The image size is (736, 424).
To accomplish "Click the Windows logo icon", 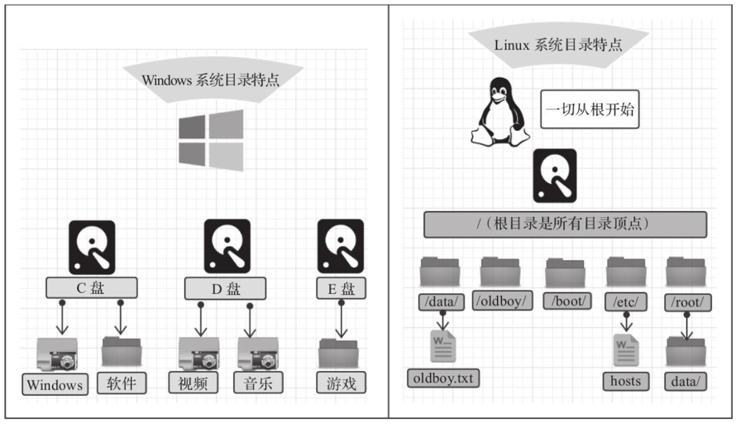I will (x=211, y=140).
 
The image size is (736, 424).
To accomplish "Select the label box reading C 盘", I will (x=91, y=288).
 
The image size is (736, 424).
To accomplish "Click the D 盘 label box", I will (x=225, y=288).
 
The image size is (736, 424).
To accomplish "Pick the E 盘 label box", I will (x=340, y=288).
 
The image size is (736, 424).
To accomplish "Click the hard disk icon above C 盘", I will (x=91, y=247).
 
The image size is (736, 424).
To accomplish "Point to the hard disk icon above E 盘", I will (x=340, y=247).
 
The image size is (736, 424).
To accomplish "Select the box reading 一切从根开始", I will (x=590, y=109).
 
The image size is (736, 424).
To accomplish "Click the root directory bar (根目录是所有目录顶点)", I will (x=565, y=224).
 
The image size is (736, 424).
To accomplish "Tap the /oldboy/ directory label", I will (x=502, y=301).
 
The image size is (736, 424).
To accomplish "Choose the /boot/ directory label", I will (x=566, y=301).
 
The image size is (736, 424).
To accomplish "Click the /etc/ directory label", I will (x=626, y=301).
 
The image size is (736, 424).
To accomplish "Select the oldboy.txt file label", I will (x=444, y=378).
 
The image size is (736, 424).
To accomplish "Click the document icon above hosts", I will (x=626, y=347).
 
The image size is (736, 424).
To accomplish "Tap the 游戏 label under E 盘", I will (x=341, y=383).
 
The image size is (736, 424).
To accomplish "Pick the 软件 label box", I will (x=122, y=383).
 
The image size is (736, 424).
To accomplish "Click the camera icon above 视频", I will (x=198, y=353).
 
